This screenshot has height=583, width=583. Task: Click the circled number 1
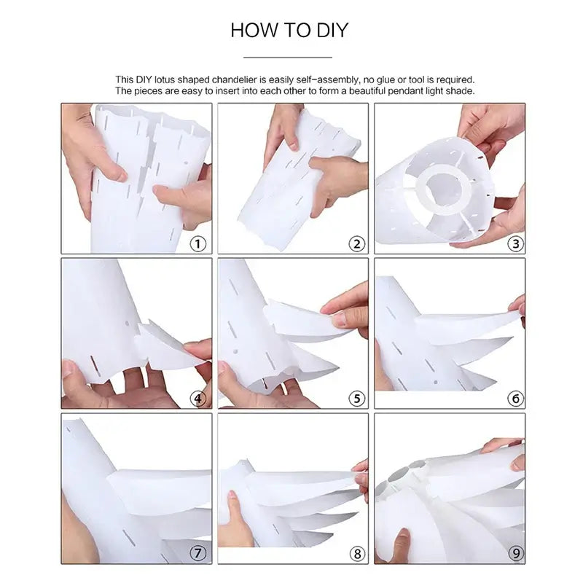(197, 244)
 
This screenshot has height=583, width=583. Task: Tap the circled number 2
(356, 244)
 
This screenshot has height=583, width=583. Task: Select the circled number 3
(516, 244)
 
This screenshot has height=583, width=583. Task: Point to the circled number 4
(197, 399)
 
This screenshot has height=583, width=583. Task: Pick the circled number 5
(356, 399)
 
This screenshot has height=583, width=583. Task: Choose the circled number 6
(516, 399)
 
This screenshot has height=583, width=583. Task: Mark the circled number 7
(197, 553)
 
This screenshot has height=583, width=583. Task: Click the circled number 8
(357, 554)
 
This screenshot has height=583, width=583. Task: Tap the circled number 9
(516, 554)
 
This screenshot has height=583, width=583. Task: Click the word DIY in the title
(332, 30)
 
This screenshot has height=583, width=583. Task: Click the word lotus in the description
(165, 79)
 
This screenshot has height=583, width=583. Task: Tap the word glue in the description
(386, 80)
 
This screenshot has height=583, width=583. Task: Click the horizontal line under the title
(288, 58)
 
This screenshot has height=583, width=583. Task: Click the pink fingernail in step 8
(232, 495)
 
